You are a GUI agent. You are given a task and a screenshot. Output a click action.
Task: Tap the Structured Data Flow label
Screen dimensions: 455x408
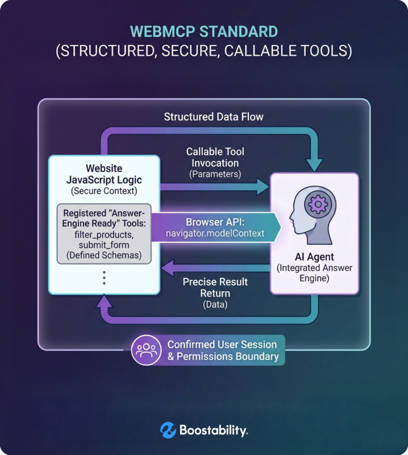pos(214,117)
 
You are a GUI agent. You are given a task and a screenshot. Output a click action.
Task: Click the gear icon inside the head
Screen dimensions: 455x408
pos(315,203)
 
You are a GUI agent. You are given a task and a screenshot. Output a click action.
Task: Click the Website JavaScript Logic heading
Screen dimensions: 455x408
pos(105,175)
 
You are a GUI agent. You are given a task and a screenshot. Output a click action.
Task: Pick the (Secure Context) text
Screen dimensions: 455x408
pos(105,191)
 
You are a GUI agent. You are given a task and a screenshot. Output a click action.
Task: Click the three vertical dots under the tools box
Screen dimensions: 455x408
pos(105,278)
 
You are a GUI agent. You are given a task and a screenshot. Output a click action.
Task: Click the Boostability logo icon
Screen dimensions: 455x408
pos(168,431)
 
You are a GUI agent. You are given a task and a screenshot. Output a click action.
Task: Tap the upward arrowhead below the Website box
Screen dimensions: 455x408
pos(104,303)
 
